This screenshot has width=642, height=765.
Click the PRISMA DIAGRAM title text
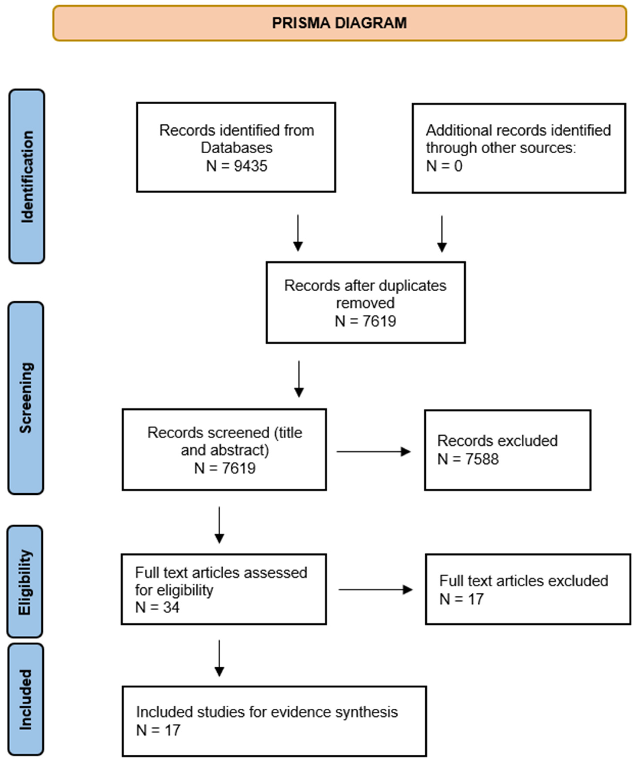(x=339, y=23)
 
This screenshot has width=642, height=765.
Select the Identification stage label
(x=27, y=176)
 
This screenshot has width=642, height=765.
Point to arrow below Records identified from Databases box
(x=298, y=233)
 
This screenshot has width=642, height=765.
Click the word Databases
(x=237, y=148)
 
